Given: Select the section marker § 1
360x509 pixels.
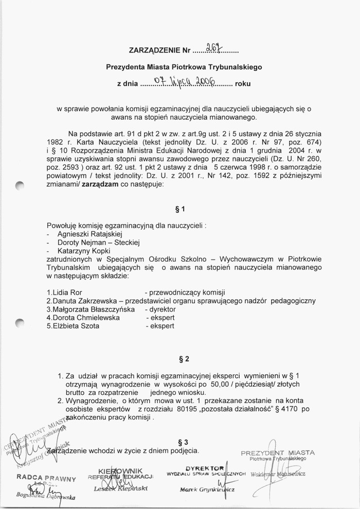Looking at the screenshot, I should click(x=179, y=209).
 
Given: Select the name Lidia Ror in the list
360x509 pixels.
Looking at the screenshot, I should click(x=65, y=293).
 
